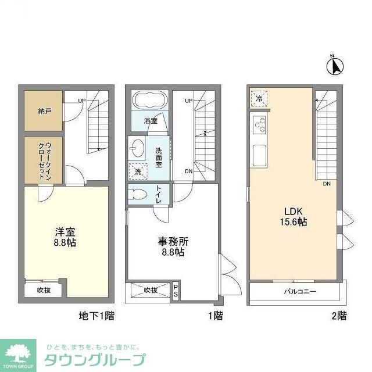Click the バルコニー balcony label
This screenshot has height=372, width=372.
[x=300, y=292]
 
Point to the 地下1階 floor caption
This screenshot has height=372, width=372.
[x=96, y=316]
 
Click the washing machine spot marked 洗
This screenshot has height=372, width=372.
[x=137, y=172]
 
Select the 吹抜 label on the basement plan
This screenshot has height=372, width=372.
[x=44, y=290]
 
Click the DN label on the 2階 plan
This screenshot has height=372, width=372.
[x=327, y=184]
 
